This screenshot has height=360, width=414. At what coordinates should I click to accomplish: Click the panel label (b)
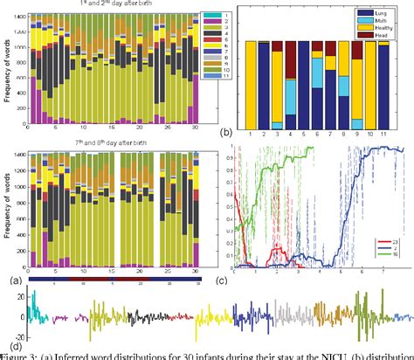point(226,133)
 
